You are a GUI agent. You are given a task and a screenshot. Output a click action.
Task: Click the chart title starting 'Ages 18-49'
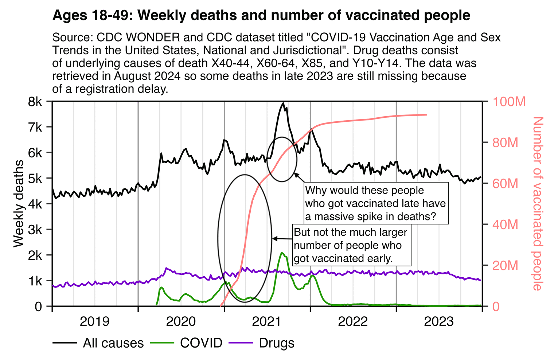[261, 15]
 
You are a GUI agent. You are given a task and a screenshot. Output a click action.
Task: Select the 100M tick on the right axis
[509, 102]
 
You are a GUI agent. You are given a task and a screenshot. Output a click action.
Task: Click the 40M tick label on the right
[505, 224]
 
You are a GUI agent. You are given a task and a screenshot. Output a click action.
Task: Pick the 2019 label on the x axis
[94, 322]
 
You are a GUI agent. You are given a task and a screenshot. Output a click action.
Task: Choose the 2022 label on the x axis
[353, 322]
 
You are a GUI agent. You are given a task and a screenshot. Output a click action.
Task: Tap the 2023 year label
[439, 322]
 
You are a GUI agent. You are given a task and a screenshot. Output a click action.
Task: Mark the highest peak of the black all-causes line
[283, 103]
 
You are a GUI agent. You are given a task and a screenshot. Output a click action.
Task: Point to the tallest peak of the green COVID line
[282, 252]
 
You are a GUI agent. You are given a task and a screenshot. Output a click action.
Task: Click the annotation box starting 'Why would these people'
[375, 203]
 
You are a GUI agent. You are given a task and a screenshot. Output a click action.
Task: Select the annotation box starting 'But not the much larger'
[352, 245]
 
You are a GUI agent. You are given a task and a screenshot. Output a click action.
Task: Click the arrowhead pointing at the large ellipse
[274, 239]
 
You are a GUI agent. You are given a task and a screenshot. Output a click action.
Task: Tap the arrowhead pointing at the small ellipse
[296, 175]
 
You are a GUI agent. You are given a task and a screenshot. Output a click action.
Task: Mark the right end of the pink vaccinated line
[426, 115]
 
